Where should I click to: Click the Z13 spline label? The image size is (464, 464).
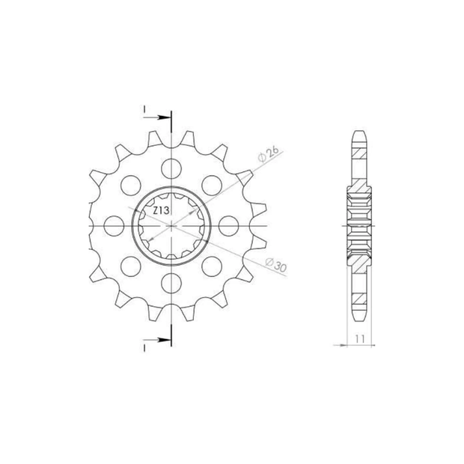click(x=161, y=211)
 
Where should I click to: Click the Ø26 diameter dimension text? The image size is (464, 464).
click(x=269, y=154)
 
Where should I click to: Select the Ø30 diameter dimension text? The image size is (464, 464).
click(x=276, y=265)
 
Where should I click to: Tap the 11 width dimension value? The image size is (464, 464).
click(x=360, y=339)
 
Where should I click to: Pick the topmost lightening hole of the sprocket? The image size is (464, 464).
click(x=171, y=168)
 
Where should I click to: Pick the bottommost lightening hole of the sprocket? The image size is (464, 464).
click(x=171, y=283)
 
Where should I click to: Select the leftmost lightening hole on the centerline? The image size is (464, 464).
click(x=114, y=226)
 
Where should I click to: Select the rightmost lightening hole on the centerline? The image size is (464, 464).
click(x=228, y=226)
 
